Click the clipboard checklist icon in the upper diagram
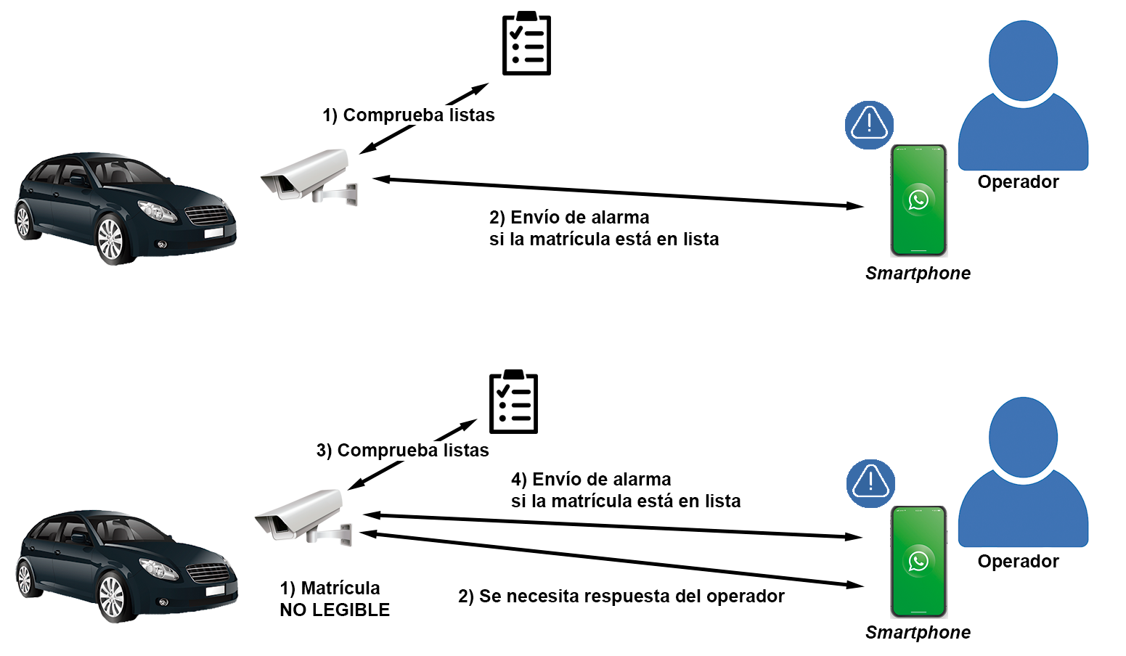click(x=526, y=44)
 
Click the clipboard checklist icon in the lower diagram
click(x=513, y=401)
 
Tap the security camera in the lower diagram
click(x=303, y=517)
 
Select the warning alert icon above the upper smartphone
click(x=869, y=125)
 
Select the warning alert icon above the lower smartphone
click(x=870, y=483)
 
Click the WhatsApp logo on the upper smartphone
click(x=918, y=200)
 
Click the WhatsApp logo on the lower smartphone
click(x=918, y=561)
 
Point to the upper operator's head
click(x=1023, y=61)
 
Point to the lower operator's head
click(x=1023, y=437)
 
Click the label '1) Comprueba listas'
click(x=408, y=115)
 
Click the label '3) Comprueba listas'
click(x=402, y=450)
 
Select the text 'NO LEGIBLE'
click(x=335, y=610)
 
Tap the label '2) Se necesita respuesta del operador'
click(x=621, y=596)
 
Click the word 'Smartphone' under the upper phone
click(x=918, y=274)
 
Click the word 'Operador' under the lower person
click(x=1018, y=561)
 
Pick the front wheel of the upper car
click(x=111, y=239)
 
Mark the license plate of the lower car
click(x=215, y=591)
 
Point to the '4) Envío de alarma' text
click(x=591, y=479)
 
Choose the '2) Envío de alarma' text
click(x=569, y=218)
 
